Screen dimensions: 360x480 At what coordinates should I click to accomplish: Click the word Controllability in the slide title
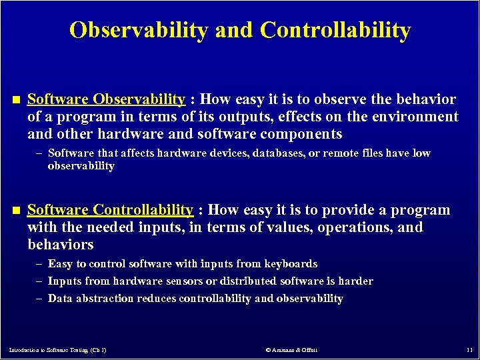pos(335,30)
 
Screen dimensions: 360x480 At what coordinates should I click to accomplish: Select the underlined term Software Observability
pos(106,99)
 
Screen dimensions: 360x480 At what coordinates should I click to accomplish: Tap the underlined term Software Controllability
pos(110,210)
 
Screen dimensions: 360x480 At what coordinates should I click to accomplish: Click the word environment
pos(416,117)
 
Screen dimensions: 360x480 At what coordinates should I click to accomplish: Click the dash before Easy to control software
pos(39,264)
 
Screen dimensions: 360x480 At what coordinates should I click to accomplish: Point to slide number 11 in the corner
pos(469,349)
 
